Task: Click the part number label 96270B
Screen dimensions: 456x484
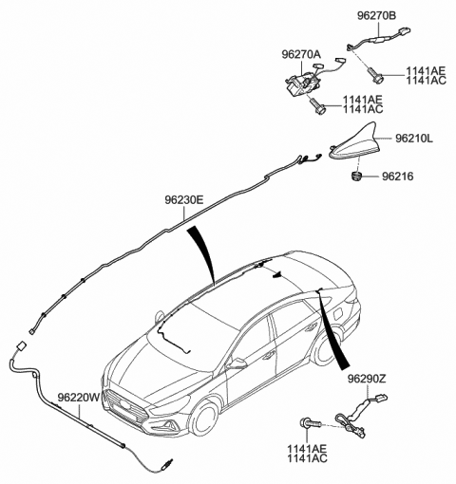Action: [x=376, y=16]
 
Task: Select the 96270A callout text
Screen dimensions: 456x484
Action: [x=301, y=54]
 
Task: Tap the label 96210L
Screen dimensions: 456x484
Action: [x=414, y=139]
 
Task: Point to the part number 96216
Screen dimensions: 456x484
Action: [x=397, y=177]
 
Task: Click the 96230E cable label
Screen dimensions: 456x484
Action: [x=183, y=200]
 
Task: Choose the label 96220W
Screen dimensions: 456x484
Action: [x=79, y=397]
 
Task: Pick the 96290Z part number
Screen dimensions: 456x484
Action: [x=367, y=379]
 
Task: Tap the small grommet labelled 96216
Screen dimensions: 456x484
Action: [x=357, y=175]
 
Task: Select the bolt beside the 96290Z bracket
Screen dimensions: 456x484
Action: [x=311, y=423]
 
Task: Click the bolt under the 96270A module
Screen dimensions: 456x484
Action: [x=317, y=106]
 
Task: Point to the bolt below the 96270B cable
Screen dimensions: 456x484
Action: [x=375, y=75]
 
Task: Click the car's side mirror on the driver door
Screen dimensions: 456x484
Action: [x=238, y=363]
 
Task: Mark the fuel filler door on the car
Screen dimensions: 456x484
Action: [x=337, y=314]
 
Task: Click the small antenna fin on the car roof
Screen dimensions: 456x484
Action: [x=277, y=274]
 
